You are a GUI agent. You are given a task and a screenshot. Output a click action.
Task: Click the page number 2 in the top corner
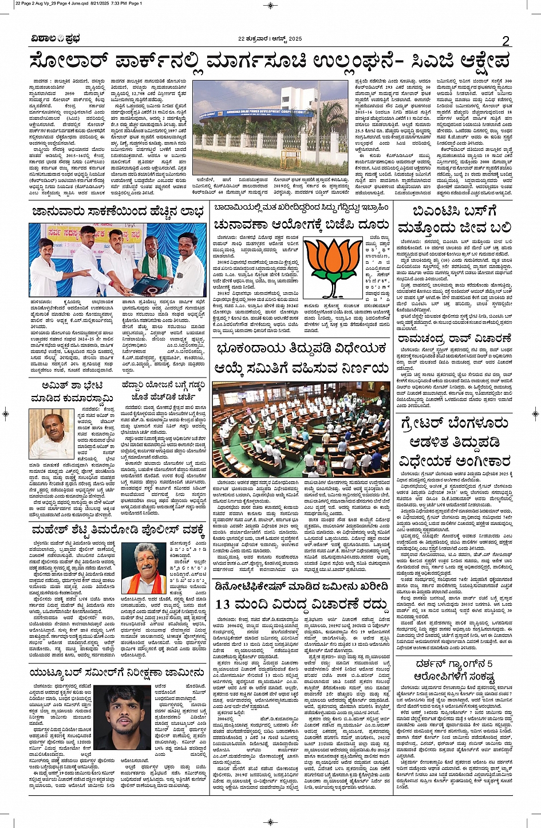click(506, 41)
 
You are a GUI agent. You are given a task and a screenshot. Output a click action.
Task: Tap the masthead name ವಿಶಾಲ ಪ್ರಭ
click(56, 39)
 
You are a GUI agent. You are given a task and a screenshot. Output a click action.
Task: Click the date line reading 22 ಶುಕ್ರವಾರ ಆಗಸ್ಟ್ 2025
click(270, 39)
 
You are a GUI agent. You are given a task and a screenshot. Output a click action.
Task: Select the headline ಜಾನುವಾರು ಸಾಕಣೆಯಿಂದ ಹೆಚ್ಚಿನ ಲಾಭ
click(117, 211)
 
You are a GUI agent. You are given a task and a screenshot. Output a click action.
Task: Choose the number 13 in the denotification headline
click(224, 604)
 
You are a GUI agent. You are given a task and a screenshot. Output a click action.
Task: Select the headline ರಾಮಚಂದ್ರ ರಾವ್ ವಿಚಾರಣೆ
click(455, 339)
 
